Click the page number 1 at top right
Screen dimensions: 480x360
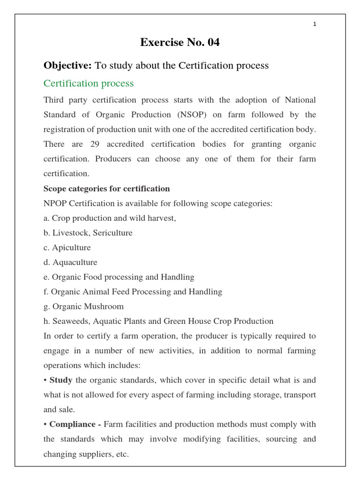click(x=315, y=24)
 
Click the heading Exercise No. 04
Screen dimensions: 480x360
click(x=180, y=43)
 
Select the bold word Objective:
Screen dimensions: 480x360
click(x=68, y=66)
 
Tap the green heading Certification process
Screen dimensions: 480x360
click(x=89, y=83)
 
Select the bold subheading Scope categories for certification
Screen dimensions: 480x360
click(x=106, y=188)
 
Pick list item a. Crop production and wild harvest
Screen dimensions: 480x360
click(x=110, y=218)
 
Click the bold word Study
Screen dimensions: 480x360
click(x=60, y=380)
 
